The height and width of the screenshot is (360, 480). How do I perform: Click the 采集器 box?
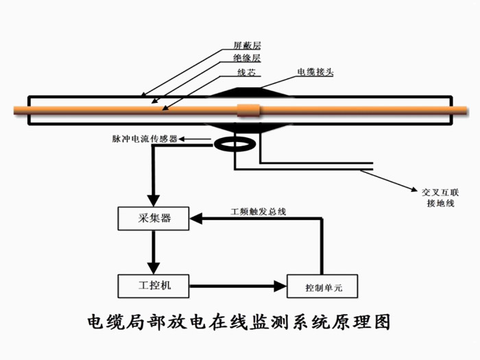[x=152, y=219]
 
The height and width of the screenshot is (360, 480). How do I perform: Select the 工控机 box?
[x=152, y=285]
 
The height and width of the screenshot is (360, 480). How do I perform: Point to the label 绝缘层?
[x=247, y=59]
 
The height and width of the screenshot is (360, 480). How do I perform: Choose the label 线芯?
[x=247, y=73]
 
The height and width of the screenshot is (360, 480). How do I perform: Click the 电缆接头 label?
[x=315, y=72]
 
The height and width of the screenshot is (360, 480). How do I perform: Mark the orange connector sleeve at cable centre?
[x=248, y=110]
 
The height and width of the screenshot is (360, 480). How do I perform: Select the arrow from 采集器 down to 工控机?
[x=152, y=252]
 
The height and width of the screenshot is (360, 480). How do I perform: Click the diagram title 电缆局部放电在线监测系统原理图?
[x=240, y=322]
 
